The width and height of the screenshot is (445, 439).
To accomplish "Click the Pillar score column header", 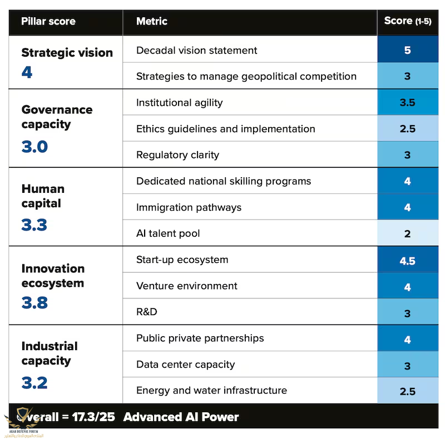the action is coord(48,21).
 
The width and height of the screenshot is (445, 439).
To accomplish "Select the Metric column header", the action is coord(151,21).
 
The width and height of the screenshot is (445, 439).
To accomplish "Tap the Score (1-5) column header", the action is coord(408,21).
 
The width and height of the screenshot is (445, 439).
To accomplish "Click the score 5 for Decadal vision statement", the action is coord(408,50).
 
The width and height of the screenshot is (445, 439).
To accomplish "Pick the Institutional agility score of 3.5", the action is coord(408,102).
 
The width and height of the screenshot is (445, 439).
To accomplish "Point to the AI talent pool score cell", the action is coord(408,234).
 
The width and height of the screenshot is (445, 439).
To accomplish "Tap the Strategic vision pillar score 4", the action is coord(27,72).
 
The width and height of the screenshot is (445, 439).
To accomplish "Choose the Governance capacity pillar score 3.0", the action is coord(34,147).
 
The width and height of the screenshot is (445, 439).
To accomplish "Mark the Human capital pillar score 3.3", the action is coord(34,225).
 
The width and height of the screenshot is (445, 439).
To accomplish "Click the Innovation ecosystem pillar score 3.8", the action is coord(34,303).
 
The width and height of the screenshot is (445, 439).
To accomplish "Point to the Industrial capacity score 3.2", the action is coord(34,383).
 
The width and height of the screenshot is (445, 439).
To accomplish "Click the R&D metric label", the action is coord(147,312).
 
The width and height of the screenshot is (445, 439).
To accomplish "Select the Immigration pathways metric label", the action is coord(189,207).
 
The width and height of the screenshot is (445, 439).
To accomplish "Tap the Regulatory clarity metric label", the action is coord(177,155).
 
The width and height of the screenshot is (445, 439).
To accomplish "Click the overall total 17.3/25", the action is coord(93,417).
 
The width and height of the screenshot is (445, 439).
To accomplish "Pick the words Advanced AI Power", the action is coord(181,417).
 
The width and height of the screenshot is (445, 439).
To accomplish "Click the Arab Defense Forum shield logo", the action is coord(23,417).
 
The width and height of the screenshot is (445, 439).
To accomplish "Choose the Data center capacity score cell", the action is coord(408,365).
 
